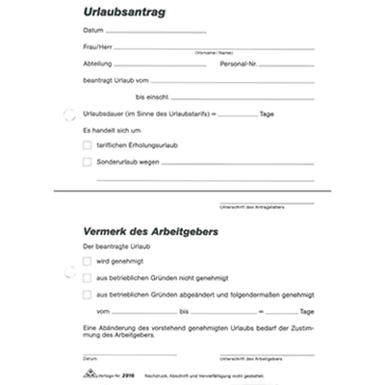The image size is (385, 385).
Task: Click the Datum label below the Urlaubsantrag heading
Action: coord(93,31)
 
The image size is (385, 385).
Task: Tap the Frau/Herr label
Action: coord(97,47)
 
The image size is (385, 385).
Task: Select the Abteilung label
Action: coord(98,64)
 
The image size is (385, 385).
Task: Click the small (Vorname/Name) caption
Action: coord(213,53)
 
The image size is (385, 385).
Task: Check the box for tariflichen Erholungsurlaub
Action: coord(88,145)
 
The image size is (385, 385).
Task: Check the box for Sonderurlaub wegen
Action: coord(88,163)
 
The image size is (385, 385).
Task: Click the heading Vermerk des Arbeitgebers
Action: coord(150,232)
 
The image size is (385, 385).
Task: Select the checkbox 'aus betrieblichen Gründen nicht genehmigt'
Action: coord(88,277)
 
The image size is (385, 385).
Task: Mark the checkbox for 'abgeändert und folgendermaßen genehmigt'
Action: coord(88,295)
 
